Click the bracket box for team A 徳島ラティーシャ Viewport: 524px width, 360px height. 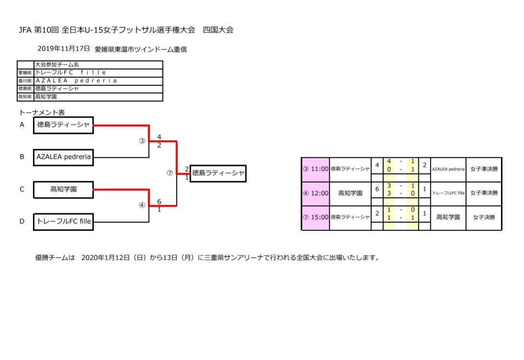[63, 125]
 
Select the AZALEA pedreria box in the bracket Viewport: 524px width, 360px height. [63, 157]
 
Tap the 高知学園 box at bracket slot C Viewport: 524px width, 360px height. [63, 189]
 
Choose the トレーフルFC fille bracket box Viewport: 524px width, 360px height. [63, 221]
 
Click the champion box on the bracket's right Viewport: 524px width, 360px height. [218, 174]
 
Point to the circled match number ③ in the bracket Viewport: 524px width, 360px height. [142, 142]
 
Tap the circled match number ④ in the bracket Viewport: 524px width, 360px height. [142, 205]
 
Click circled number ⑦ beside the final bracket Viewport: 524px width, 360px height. [169, 174]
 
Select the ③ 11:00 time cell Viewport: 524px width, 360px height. [315, 169]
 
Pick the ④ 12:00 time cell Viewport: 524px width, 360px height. [315, 193]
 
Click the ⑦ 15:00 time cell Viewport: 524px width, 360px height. [315, 217]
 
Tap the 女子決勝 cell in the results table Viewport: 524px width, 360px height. [484, 217]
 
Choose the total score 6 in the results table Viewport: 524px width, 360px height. [377, 189]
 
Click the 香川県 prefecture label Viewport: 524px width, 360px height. [25, 81]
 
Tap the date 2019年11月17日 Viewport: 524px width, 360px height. [64, 49]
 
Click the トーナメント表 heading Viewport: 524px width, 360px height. [42, 113]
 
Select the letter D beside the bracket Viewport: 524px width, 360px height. [22, 221]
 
